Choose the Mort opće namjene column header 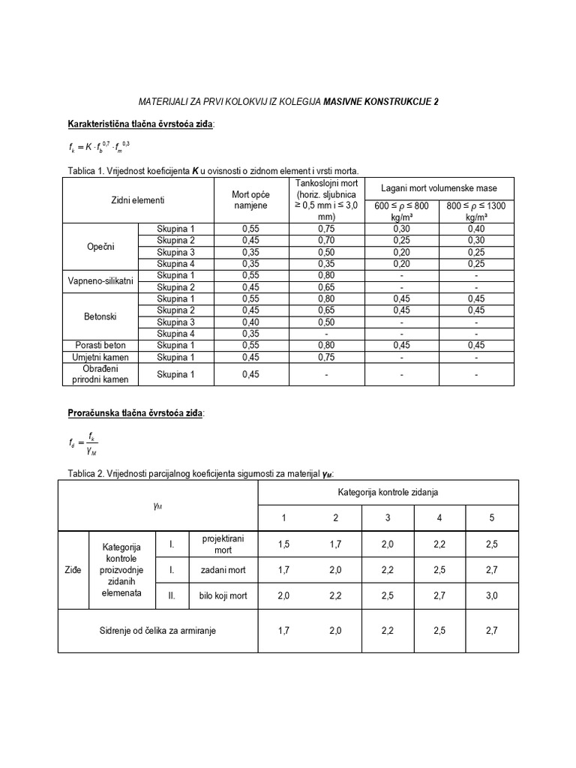tap(251, 200)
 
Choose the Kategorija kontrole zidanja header tap(387, 493)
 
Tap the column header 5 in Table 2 tap(491, 517)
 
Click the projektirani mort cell tap(218, 544)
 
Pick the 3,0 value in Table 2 tap(491, 595)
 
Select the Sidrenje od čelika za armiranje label tap(157, 631)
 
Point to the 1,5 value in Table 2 tap(283, 544)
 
